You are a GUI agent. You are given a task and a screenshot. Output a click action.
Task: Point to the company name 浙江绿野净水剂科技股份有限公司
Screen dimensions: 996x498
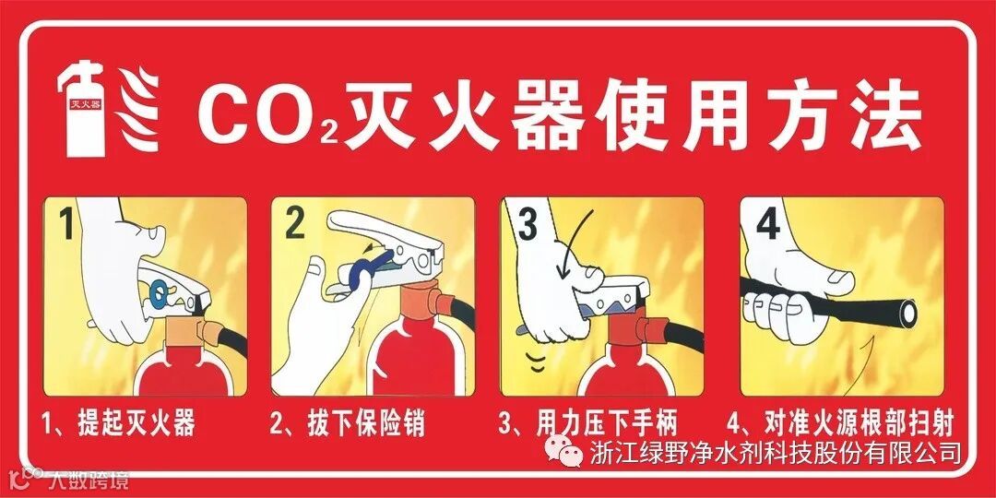[775, 452]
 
